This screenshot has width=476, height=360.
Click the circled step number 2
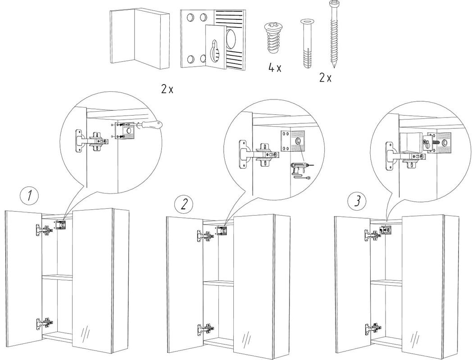click(x=184, y=204)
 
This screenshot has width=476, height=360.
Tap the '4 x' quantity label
click(x=274, y=68)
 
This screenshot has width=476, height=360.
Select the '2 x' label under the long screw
click(x=325, y=78)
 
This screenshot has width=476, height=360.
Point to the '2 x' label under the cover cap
click(x=167, y=89)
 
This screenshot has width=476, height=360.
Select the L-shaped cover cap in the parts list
click(x=139, y=38)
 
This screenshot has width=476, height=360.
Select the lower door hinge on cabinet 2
click(x=206, y=328)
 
